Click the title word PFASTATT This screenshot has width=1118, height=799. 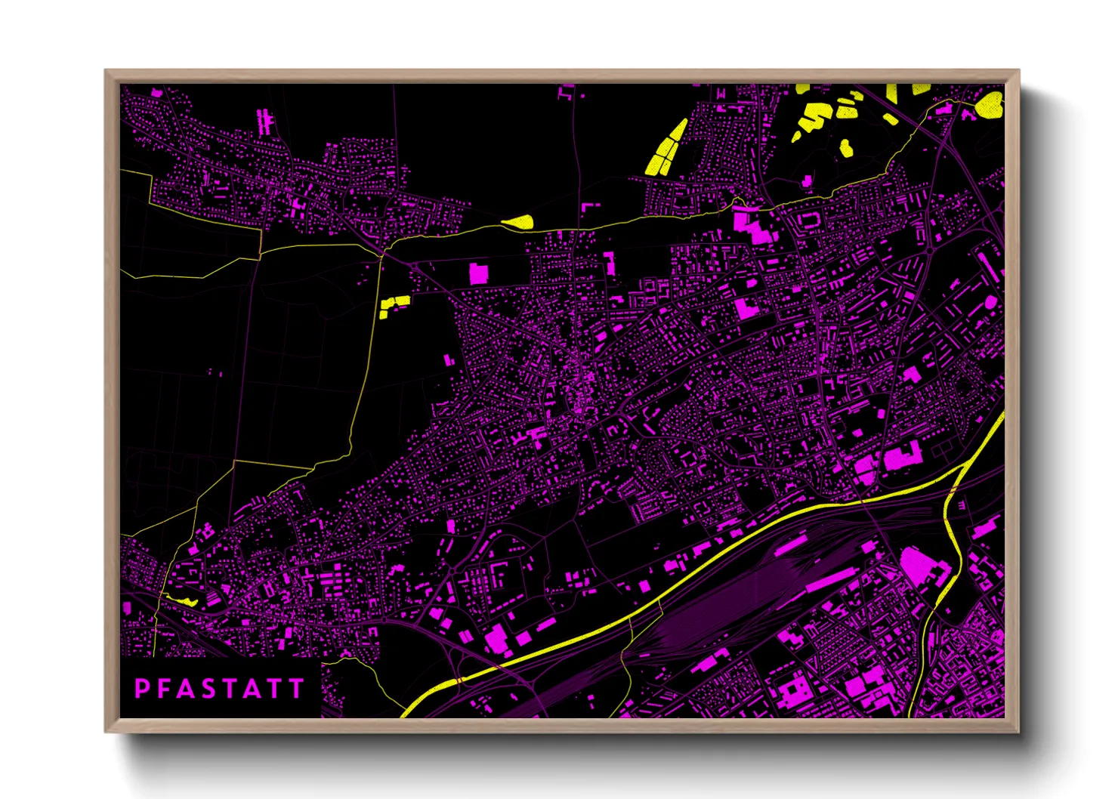pos(219,689)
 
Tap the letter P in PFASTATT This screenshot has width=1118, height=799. pos(141,689)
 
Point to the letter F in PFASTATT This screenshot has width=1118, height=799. pos(163,689)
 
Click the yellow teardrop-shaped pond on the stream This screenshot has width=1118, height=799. pos(519,222)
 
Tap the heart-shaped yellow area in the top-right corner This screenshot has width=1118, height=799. pos(989,105)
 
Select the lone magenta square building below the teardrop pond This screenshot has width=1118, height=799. pos(478,273)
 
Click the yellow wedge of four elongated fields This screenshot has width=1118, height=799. pos(666,150)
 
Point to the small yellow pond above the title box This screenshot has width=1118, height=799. pos(181,600)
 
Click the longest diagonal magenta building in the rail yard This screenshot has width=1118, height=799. pos(831,582)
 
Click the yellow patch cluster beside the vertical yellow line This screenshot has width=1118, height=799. pos(394,304)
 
